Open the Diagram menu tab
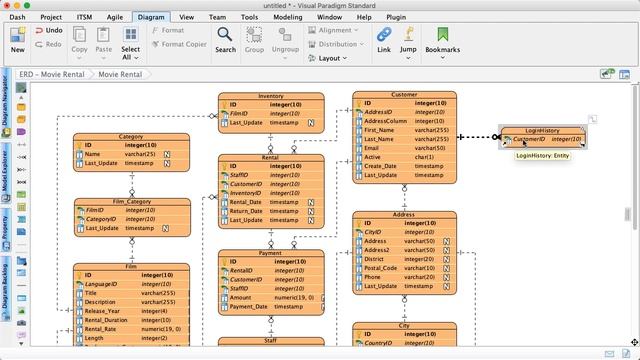152,17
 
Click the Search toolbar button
226,40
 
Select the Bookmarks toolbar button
442,40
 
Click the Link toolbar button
384,40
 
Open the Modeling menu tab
287,17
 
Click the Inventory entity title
271,96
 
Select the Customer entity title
404,95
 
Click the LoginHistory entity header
542,131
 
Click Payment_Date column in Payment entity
249,306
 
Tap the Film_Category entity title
131,202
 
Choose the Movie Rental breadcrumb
120,74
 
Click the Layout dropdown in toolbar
333,58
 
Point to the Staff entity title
271,340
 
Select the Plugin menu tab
395,17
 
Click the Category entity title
131,136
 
